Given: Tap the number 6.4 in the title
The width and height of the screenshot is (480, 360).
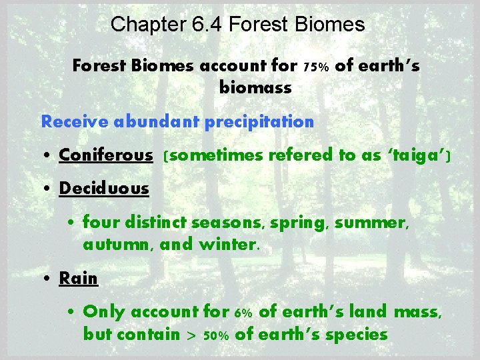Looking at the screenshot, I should (208, 25).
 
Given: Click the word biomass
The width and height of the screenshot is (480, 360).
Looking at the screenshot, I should (255, 87).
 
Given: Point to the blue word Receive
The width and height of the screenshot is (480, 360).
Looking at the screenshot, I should (75, 122).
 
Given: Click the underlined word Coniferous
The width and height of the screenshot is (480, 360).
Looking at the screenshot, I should (106, 155).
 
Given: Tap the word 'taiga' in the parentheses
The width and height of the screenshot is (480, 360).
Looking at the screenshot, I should (419, 155).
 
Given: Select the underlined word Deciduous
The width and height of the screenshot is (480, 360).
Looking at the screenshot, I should (104, 189).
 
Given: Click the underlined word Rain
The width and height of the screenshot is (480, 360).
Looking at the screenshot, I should (79, 278).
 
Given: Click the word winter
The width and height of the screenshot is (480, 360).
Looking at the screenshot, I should (227, 244).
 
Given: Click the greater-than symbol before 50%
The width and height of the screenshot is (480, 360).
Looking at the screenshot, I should (191, 335).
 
